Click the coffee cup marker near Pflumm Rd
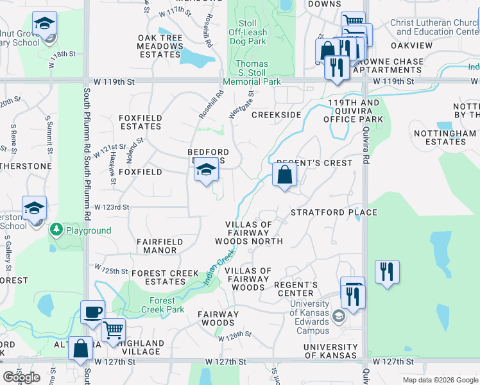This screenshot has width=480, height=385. (x=92, y=312)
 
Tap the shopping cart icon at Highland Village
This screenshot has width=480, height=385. (x=113, y=330)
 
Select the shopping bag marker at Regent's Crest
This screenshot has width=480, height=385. (x=284, y=174)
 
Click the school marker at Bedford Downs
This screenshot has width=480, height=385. (x=205, y=170)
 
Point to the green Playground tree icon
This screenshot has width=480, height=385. (x=56, y=230)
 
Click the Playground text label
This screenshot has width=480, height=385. (x=88, y=230)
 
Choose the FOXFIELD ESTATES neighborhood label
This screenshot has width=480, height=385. (x=140, y=122)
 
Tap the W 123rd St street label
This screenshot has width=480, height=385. (x=112, y=207)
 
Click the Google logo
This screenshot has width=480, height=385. (x=21, y=377)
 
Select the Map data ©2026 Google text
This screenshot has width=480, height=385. (x=440, y=380)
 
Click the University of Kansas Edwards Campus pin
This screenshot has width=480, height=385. (x=338, y=316)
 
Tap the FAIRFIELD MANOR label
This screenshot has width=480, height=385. (x=157, y=246)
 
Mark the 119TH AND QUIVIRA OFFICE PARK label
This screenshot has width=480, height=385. (x=354, y=110)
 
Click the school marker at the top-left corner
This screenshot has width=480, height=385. (x=44, y=26)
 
